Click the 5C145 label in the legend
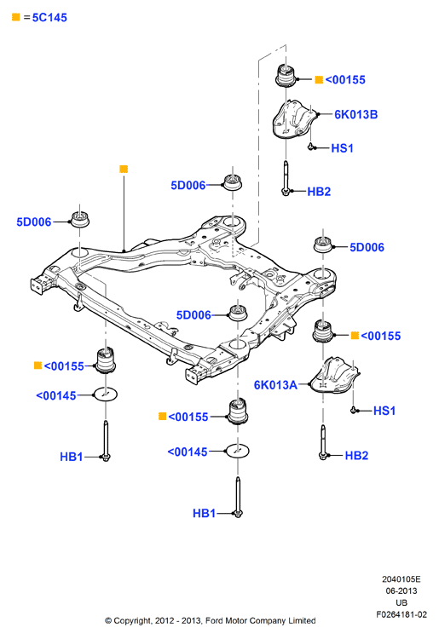pos(49,18)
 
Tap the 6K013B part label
pos(355,114)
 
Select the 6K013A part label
pos(275,385)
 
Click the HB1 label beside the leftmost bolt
pos(72,457)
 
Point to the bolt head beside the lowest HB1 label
pos(238,514)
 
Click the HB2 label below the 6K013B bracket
pos(319,192)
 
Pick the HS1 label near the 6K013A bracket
pos(384,411)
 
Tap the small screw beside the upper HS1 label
pos(311,147)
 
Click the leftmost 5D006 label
pos(34,222)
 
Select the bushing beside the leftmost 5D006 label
pos(80,219)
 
